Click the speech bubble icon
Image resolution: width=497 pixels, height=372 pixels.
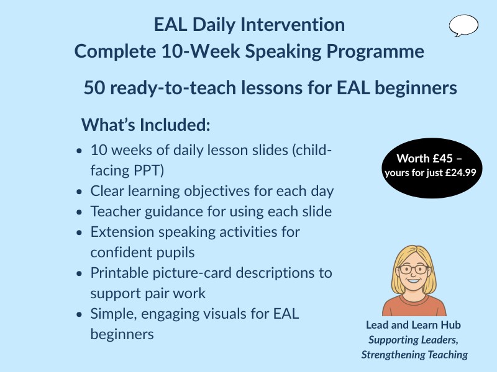(x=463, y=25)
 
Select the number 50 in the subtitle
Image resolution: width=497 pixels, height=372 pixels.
(x=95, y=88)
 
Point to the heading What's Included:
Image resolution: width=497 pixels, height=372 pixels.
(x=146, y=124)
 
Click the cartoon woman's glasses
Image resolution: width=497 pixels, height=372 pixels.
(x=413, y=270)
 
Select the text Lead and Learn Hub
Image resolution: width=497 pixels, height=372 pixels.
(x=414, y=325)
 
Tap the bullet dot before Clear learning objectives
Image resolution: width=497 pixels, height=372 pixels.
(x=78, y=192)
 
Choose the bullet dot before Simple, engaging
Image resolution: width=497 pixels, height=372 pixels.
(x=78, y=314)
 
